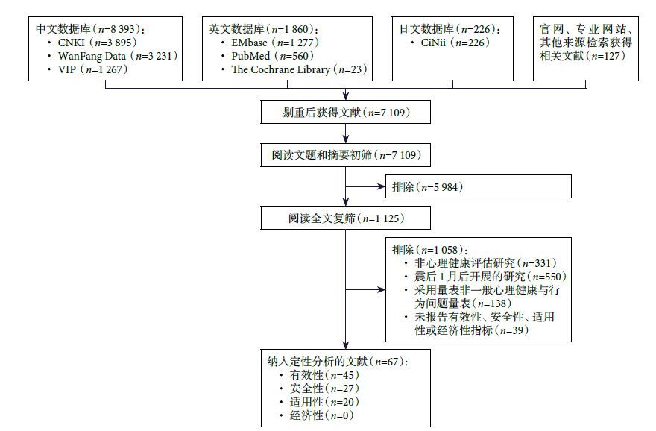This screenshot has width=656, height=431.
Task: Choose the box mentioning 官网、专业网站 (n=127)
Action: (x=585, y=43)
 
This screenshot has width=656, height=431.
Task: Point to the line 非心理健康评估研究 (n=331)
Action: (x=477, y=262)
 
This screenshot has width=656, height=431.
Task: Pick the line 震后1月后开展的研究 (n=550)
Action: (x=477, y=276)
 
